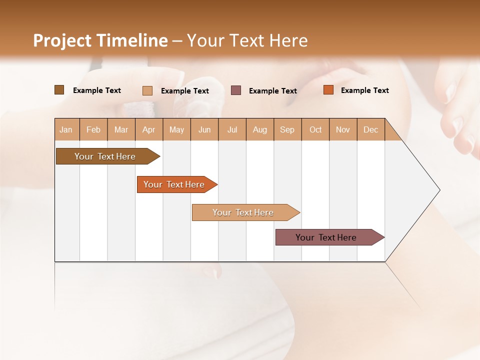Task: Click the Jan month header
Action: [x=66, y=129]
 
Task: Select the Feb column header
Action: [x=93, y=129]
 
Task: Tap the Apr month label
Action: [x=148, y=129]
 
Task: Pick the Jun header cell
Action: [x=204, y=129]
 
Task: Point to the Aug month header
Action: [x=259, y=129]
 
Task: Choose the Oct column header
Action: [x=315, y=129]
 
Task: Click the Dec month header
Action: [x=370, y=129]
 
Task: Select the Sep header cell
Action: [x=287, y=129]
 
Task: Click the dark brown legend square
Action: [x=59, y=90]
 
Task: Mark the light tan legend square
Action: [x=147, y=90]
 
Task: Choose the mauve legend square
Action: [x=236, y=90]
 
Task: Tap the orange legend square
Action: [x=328, y=90]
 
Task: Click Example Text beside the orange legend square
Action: [x=364, y=90]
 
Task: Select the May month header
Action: [x=176, y=129]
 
